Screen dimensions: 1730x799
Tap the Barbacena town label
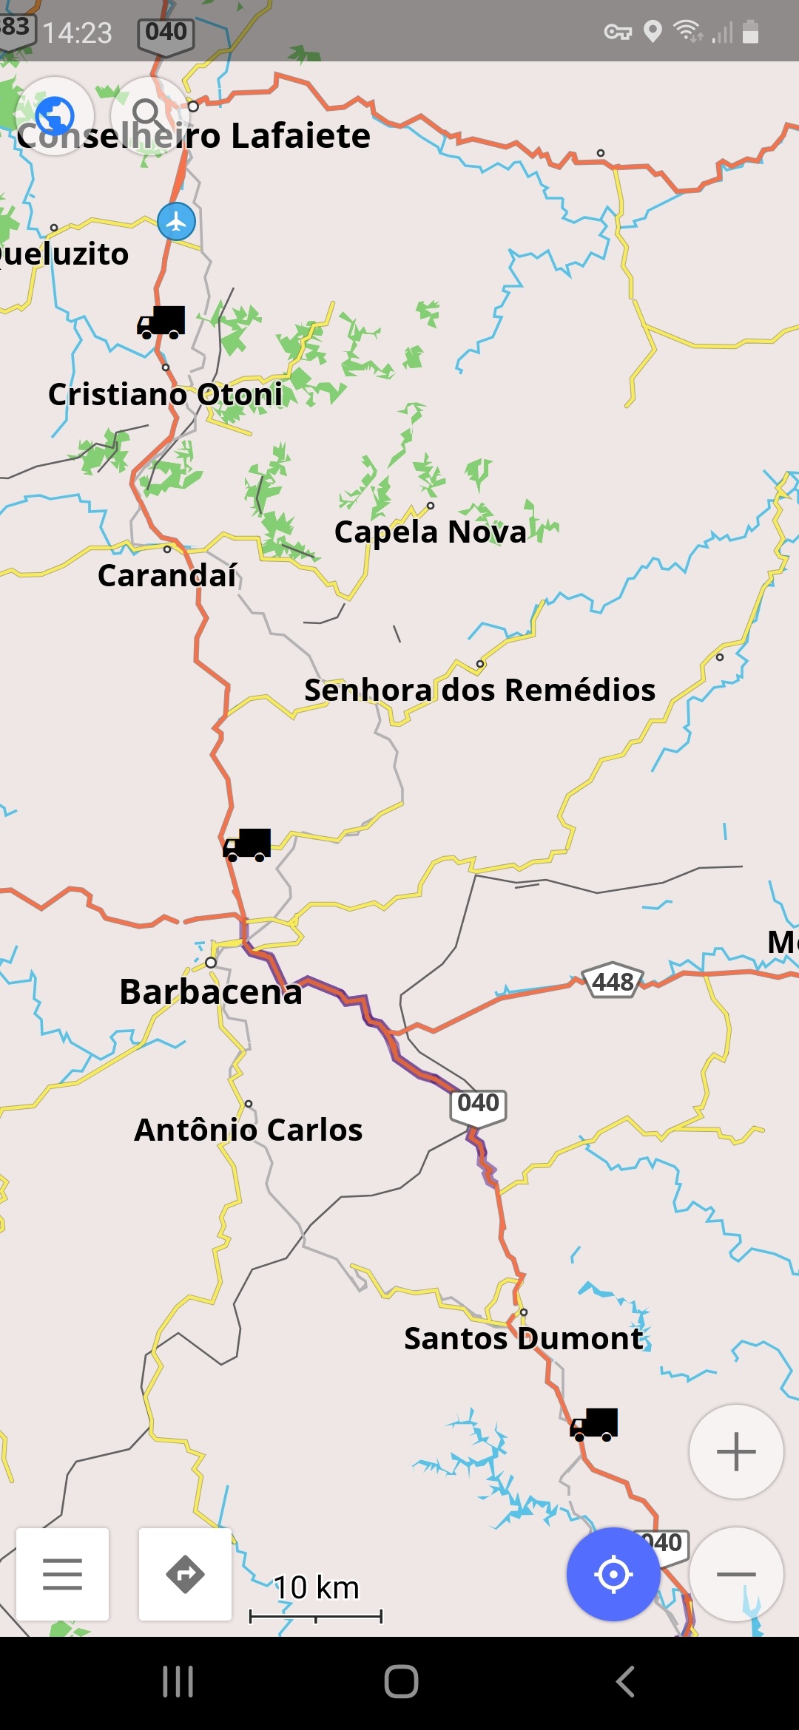pos(211,992)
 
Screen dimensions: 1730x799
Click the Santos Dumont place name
pos(524,1339)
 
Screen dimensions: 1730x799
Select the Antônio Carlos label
pos(249,1130)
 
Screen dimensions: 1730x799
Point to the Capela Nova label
pos(430,532)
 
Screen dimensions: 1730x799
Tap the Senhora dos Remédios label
pos(479,691)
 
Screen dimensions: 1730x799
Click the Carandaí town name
pos(167,576)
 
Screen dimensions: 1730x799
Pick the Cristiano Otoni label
pos(166,395)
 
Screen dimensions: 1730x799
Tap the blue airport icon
pos(176,221)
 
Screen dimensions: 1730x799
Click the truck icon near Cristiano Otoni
pos(161,322)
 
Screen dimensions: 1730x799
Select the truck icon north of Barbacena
pos(247,845)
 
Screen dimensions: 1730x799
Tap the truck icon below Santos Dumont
pos(593,1424)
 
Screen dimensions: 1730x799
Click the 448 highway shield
pos(613,983)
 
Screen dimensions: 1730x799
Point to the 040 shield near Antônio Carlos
pos(478,1105)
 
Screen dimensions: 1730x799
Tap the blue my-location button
pos(613,1574)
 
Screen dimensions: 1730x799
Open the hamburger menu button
pos(62,1574)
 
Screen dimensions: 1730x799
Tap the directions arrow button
pos(185,1574)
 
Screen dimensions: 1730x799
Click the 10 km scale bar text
pos(316,1587)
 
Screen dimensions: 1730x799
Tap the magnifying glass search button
pos(148,115)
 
